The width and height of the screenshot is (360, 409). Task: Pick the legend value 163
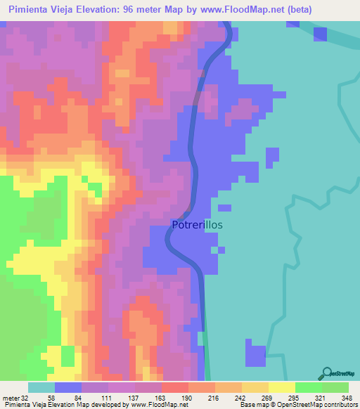[x=159, y=398]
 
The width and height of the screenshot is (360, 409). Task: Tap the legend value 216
[x=213, y=398]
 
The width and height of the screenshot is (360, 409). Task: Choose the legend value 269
[x=266, y=398]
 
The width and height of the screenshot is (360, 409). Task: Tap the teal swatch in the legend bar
[x=41, y=387]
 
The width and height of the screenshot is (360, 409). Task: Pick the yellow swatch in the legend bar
[x=282, y=387]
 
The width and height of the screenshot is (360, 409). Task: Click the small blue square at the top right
[x=320, y=34]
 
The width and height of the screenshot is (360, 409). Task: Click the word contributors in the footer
[x=340, y=405]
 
